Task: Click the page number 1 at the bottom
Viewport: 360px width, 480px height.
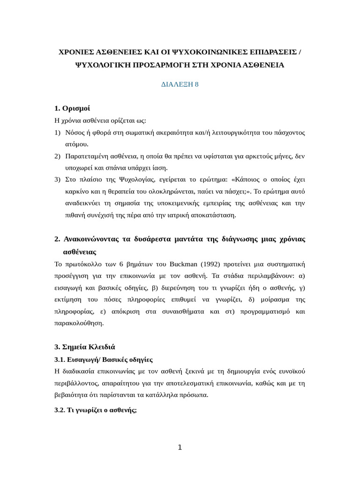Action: click(x=180, y=448)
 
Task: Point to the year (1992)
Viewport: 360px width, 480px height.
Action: click(x=226, y=264)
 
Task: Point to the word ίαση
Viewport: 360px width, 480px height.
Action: click(x=159, y=168)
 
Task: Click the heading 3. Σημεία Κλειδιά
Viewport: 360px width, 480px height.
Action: click(x=84, y=347)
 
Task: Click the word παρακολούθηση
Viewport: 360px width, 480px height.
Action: click(x=79, y=323)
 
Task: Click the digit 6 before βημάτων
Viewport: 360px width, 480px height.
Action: click(x=121, y=264)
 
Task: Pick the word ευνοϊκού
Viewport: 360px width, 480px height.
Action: click(x=290, y=371)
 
